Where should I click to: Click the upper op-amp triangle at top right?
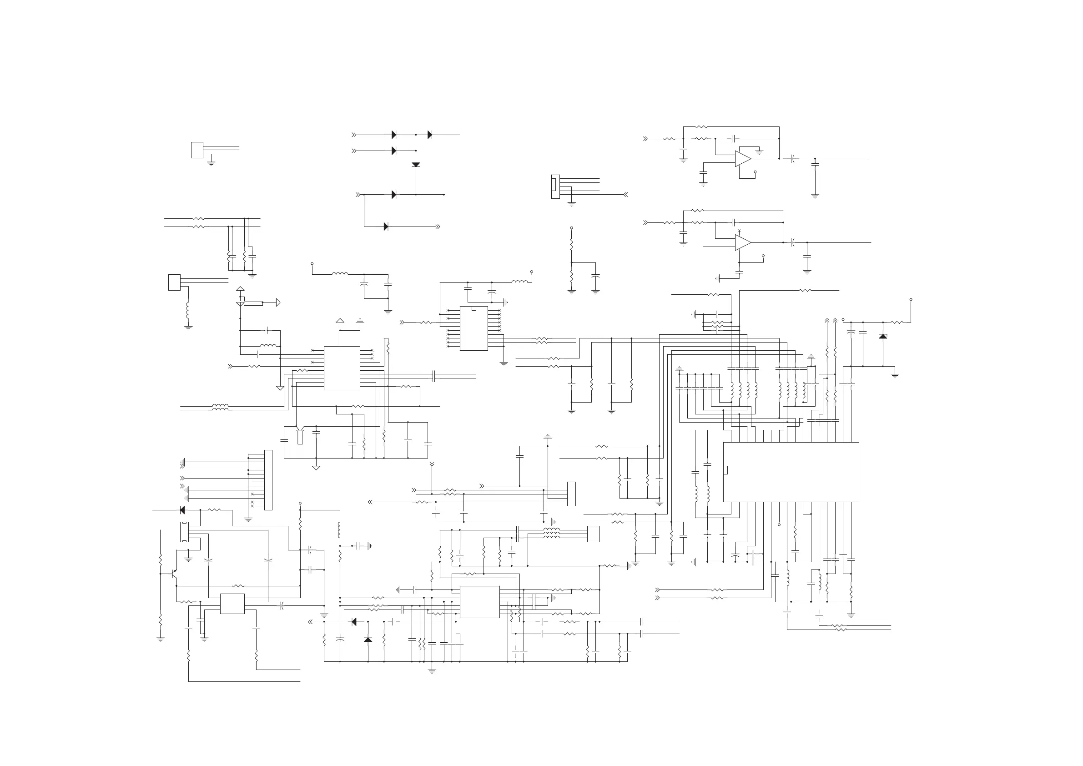(742, 159)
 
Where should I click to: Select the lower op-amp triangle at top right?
(742, 242)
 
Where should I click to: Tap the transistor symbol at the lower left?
(175, 574)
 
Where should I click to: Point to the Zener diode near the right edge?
(883, 336)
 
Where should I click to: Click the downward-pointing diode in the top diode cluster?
(416, 165)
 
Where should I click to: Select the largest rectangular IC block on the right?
(791, 472)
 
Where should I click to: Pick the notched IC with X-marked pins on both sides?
(473, 328)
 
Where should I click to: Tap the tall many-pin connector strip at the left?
(268, 480)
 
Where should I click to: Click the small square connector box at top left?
(197, 150)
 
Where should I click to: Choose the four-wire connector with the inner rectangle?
(556, 187)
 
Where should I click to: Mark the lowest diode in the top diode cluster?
(386, 227)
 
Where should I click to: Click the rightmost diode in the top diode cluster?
(430, 135)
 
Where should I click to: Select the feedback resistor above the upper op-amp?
(701, 127)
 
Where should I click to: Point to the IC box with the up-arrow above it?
(342, 368)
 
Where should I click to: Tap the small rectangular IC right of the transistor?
(232, 604)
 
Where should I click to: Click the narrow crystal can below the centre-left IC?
(300, 436)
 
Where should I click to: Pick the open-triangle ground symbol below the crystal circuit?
(316, 468)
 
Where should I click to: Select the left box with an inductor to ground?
(175, 282)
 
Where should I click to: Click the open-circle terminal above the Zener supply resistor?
(911, 299)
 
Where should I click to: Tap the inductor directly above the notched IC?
(520, 282)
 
